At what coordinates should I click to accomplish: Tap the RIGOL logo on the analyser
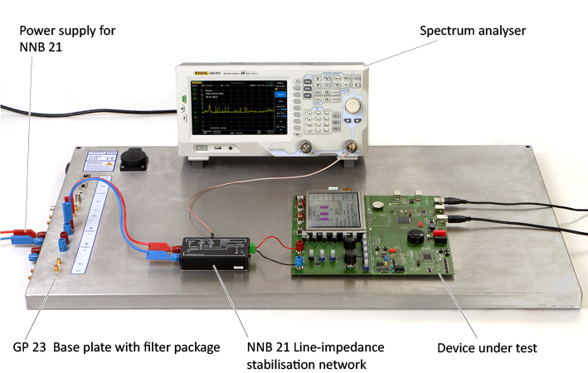pos(200,75)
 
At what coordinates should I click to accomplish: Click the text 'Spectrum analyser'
pos(472,31)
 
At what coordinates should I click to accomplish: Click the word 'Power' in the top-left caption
pos(38,31)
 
